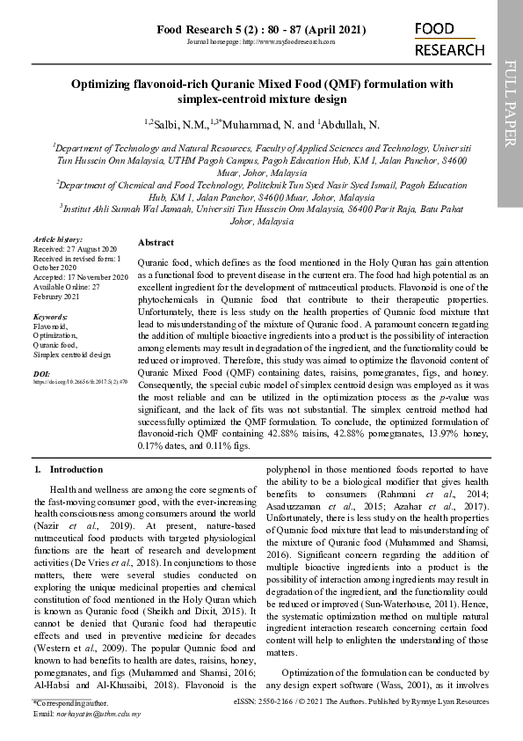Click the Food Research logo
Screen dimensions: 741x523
tap(449, 40)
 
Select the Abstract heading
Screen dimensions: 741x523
tap(156, 242)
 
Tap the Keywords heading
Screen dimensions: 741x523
tap(50, 315)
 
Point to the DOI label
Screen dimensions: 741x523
tap(40, 373)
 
